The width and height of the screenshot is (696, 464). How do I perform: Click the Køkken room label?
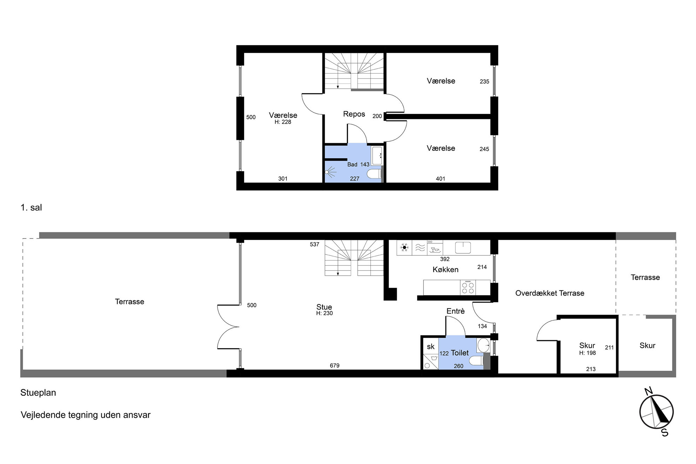(446, 270)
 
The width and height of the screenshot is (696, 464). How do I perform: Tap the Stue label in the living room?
(324, 307)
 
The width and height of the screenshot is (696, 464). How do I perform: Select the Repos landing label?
(354, 114)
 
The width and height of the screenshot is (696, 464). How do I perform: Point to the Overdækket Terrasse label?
(550, 293)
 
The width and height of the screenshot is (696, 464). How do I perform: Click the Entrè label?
(455, 311)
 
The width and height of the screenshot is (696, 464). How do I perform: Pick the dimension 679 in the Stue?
(335, 365)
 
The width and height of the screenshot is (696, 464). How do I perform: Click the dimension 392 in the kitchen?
(445, 259)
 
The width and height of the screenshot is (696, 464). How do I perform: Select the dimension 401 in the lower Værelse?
(441, 179)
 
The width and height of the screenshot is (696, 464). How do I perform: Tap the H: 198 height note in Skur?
(588, 353)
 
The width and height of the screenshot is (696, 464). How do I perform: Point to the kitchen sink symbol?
(463, 248)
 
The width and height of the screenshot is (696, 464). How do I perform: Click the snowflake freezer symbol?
(404, 248)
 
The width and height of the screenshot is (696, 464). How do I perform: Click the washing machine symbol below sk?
(431, 362)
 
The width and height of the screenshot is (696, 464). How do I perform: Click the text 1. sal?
(31, 208)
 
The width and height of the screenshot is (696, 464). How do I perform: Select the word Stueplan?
(38, 393)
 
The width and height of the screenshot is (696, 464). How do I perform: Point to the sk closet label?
(431, 347)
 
